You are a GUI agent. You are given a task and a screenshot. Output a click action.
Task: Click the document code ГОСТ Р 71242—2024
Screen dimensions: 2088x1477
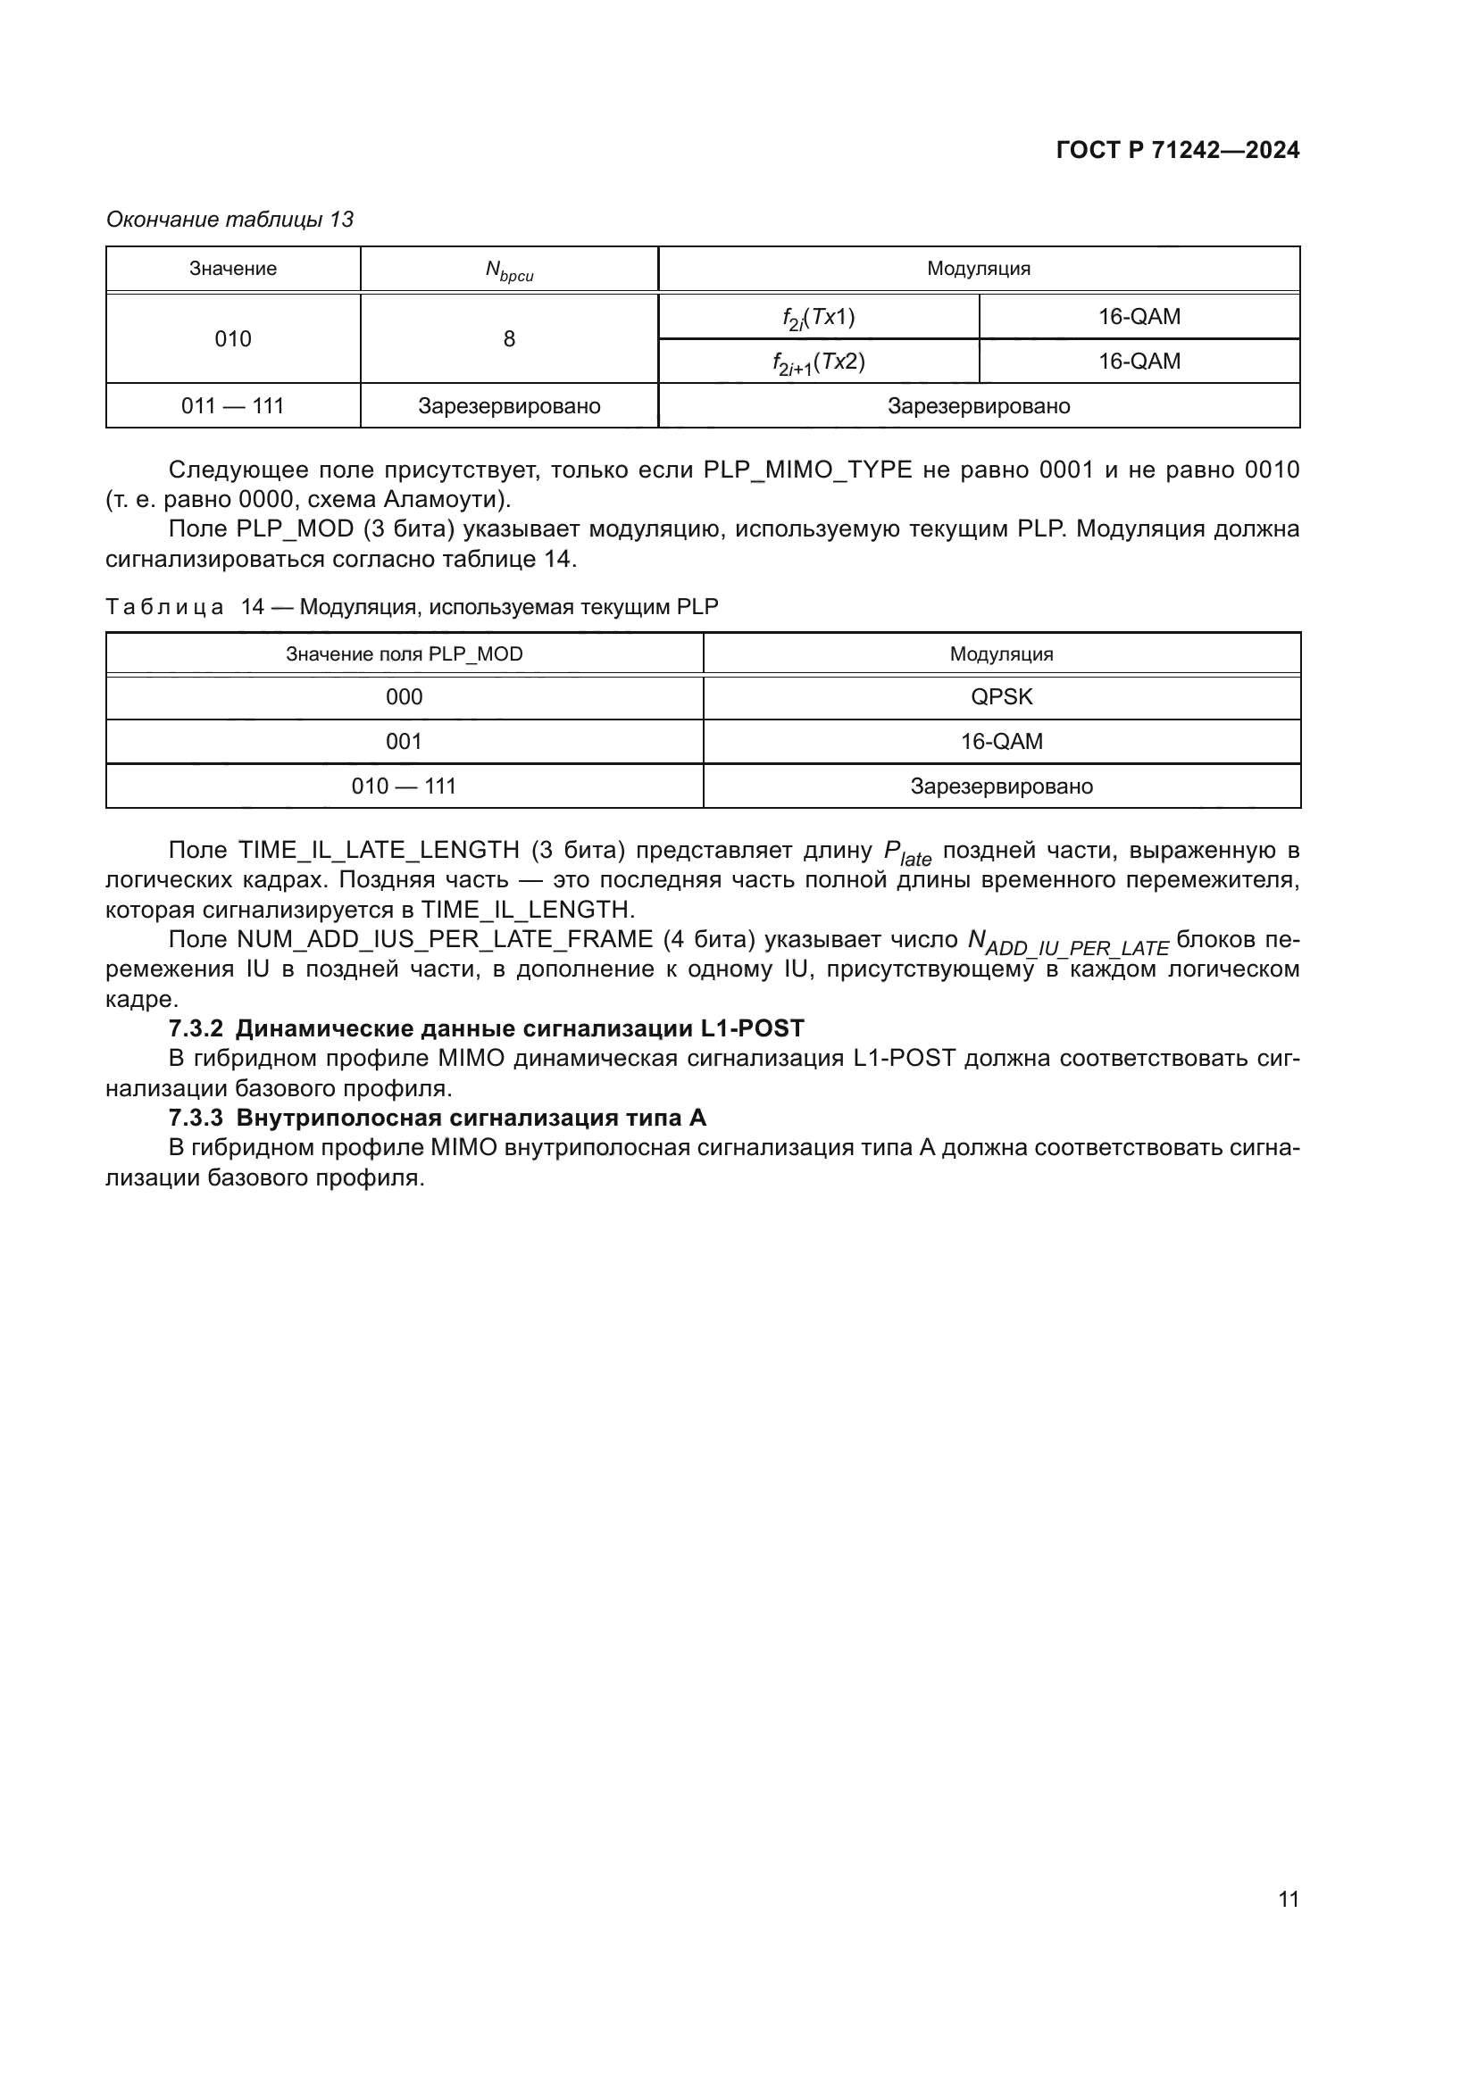[1177, 151]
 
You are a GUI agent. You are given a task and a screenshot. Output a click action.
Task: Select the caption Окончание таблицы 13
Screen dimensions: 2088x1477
[229, 220]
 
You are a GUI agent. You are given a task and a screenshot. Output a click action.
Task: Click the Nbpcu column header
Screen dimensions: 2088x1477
[508, 270]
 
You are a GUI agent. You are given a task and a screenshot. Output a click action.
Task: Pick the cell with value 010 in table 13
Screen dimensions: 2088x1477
[233, 339]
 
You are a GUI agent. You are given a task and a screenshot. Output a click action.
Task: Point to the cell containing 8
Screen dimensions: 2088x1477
[508, 339]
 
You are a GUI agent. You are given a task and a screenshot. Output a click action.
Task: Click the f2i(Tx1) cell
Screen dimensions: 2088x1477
[818, 318]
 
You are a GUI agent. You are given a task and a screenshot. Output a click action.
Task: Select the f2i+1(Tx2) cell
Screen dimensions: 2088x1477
[818, 362]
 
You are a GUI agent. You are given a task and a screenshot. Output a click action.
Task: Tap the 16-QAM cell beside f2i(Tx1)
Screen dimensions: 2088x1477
[1139, 318]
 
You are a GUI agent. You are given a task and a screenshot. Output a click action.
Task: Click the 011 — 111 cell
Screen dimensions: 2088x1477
[233, 405]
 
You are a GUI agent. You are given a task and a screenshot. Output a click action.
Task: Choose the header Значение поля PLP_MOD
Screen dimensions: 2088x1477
[404, 653]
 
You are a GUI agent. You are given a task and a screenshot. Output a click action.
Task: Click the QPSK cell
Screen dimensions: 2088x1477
[1000, 697]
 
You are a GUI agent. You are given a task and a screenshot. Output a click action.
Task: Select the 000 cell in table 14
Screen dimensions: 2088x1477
[404, 697]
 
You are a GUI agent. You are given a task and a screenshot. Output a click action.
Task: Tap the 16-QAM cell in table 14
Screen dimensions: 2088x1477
[1000, 742]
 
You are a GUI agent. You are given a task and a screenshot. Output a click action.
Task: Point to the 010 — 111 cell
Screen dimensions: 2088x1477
[404, 786]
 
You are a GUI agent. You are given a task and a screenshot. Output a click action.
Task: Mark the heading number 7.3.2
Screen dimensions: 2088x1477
[196, 1028]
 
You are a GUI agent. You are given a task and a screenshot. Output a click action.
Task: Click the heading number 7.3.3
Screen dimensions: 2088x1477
[196, 1118]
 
